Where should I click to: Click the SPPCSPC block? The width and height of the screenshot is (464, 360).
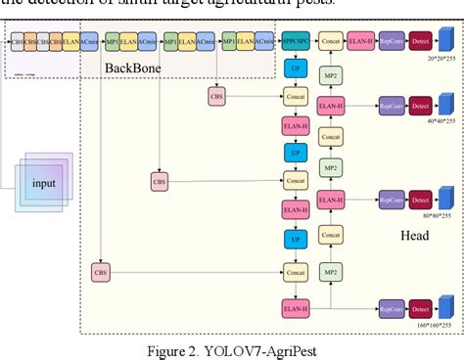(x=295, y=45)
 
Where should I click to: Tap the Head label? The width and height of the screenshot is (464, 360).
(x=414, y=236)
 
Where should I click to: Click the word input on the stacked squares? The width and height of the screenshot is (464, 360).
(x=44, y=183)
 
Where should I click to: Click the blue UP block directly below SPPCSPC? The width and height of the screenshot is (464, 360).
(x=295, y=70)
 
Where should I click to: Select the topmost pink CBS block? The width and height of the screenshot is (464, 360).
(x=216, y=96)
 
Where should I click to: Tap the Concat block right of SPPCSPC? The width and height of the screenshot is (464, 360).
(x=332, y=45)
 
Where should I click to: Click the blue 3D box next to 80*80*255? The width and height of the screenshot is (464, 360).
(x=446, y=198)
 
